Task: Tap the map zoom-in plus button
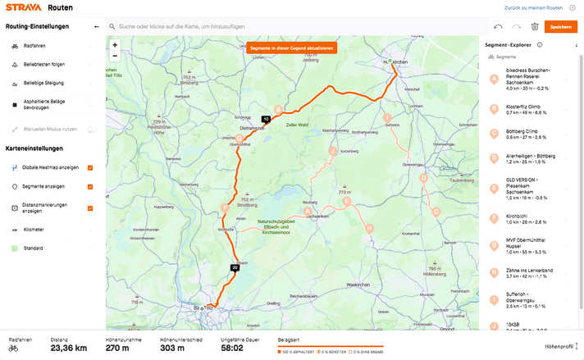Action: tap(115, 45)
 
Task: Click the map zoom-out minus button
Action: tap(115, 56)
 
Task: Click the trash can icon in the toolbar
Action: tap(534, 26)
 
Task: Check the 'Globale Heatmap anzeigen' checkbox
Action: tap(90, 167)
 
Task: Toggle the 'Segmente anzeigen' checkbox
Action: tap(90, 186)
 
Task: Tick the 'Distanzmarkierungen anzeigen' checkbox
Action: tap(90, 207)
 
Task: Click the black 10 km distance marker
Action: tap(266, 118)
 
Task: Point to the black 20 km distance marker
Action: tap(235, 267)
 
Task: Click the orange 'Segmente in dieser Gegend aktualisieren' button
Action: tap(291, 48)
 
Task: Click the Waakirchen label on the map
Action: tap(358, 284)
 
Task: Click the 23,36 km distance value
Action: tap(70, 348)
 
